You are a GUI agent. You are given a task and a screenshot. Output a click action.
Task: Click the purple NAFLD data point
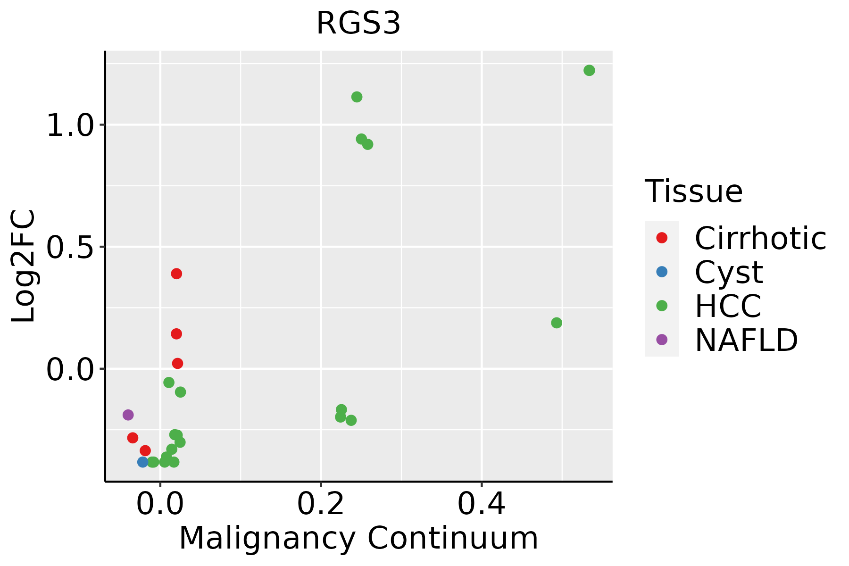tap(128, 415)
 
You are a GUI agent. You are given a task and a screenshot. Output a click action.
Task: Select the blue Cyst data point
tap(143, 462)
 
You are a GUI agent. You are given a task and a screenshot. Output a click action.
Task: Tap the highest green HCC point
tap(589, 70)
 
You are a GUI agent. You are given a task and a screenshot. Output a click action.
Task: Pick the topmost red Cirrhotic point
tap(176, 274)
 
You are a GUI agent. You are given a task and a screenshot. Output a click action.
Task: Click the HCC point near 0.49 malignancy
tap(557, 323)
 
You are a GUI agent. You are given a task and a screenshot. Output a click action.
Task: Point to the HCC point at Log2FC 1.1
tap(357, 97)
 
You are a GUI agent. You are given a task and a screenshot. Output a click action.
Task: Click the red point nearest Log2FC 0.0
tap(177, 363)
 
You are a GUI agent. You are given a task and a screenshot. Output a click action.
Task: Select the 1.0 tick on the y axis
tap(71, 125)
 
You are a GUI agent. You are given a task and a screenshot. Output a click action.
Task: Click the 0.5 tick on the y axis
tap(71, 247)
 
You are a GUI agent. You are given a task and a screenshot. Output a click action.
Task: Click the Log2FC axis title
tap(24, 266)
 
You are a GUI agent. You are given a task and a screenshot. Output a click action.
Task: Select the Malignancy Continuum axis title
tap(358, 538)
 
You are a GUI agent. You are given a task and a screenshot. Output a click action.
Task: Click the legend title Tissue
tap(693, 191)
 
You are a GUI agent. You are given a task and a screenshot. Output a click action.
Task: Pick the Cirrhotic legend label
tap(760, 238)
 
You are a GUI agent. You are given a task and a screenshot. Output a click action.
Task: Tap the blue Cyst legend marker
tap(662, 272)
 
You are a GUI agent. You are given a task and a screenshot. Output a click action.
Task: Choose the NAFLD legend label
tap(746, 340)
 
